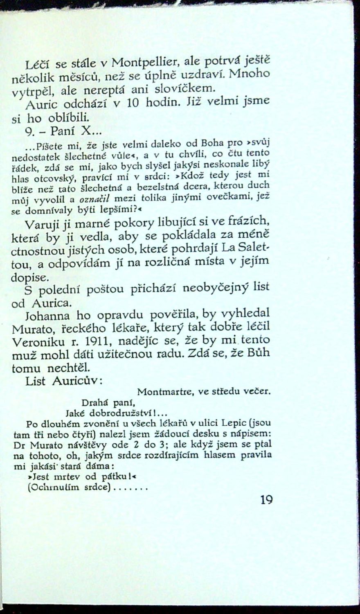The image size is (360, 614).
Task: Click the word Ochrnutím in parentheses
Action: point(49,488)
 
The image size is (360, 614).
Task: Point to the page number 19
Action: point(265,500)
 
